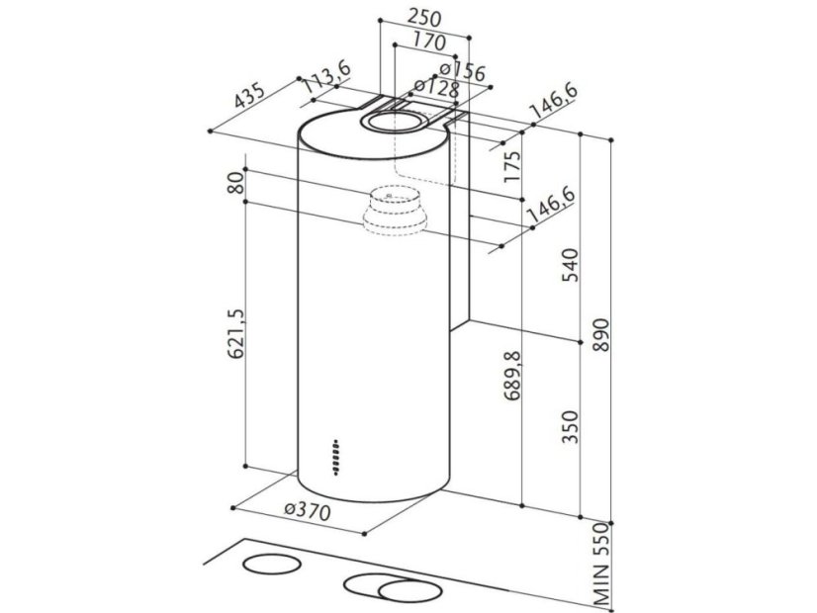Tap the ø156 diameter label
coord(461,71)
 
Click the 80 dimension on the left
coord(234,184)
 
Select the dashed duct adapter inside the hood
coord(393,212)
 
